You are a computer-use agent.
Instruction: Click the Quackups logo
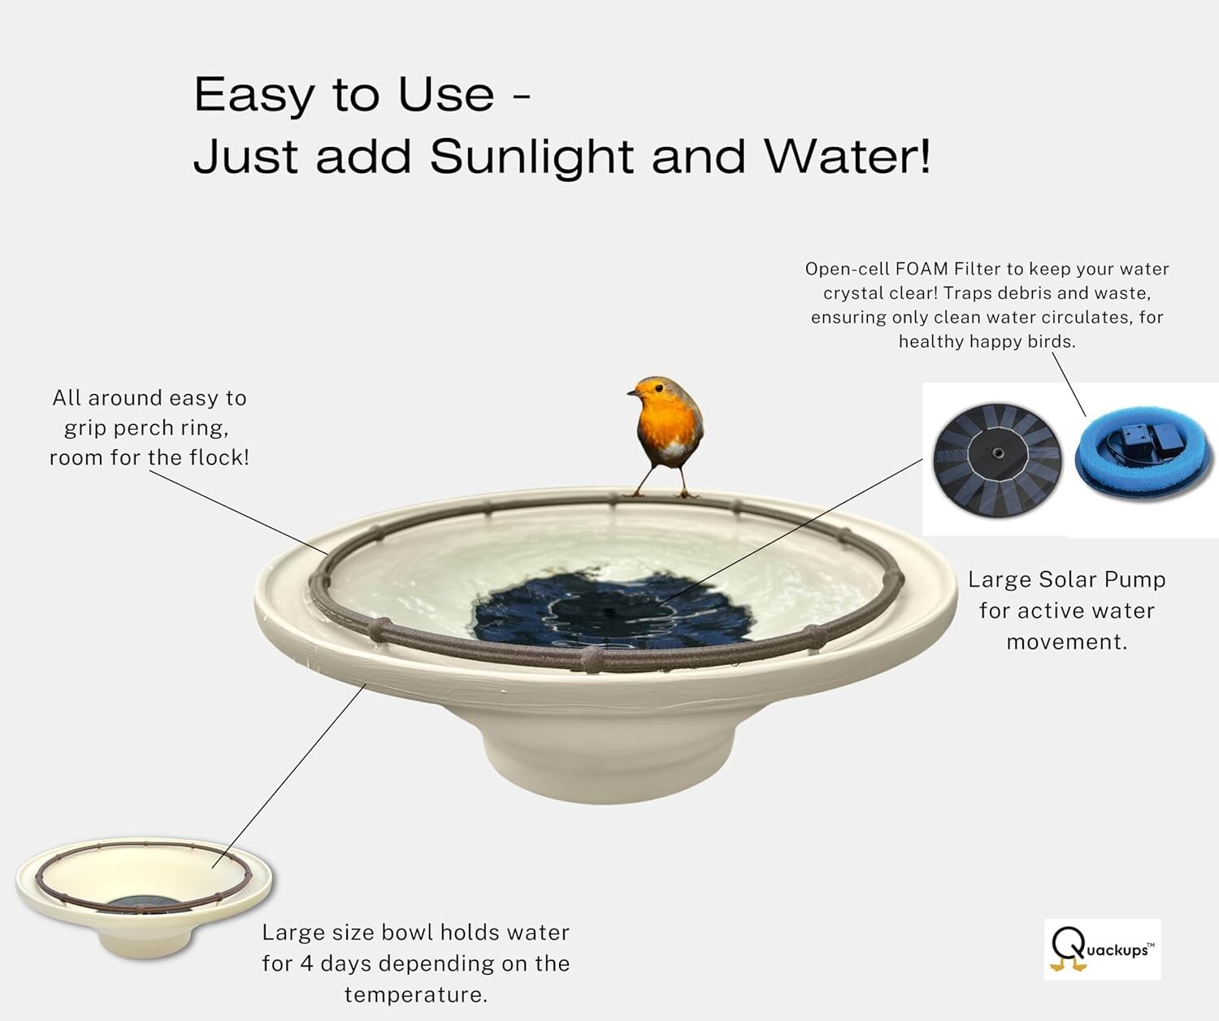[x=1102, y=949]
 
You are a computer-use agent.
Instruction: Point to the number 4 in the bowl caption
[x=306, y=963]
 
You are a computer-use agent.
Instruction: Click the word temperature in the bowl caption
[x=415, y=994]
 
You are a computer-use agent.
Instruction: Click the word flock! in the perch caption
[x=219, y=457]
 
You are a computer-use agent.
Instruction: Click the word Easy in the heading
[x=253, y=95]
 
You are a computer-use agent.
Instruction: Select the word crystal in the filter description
[x=852, y=293]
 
